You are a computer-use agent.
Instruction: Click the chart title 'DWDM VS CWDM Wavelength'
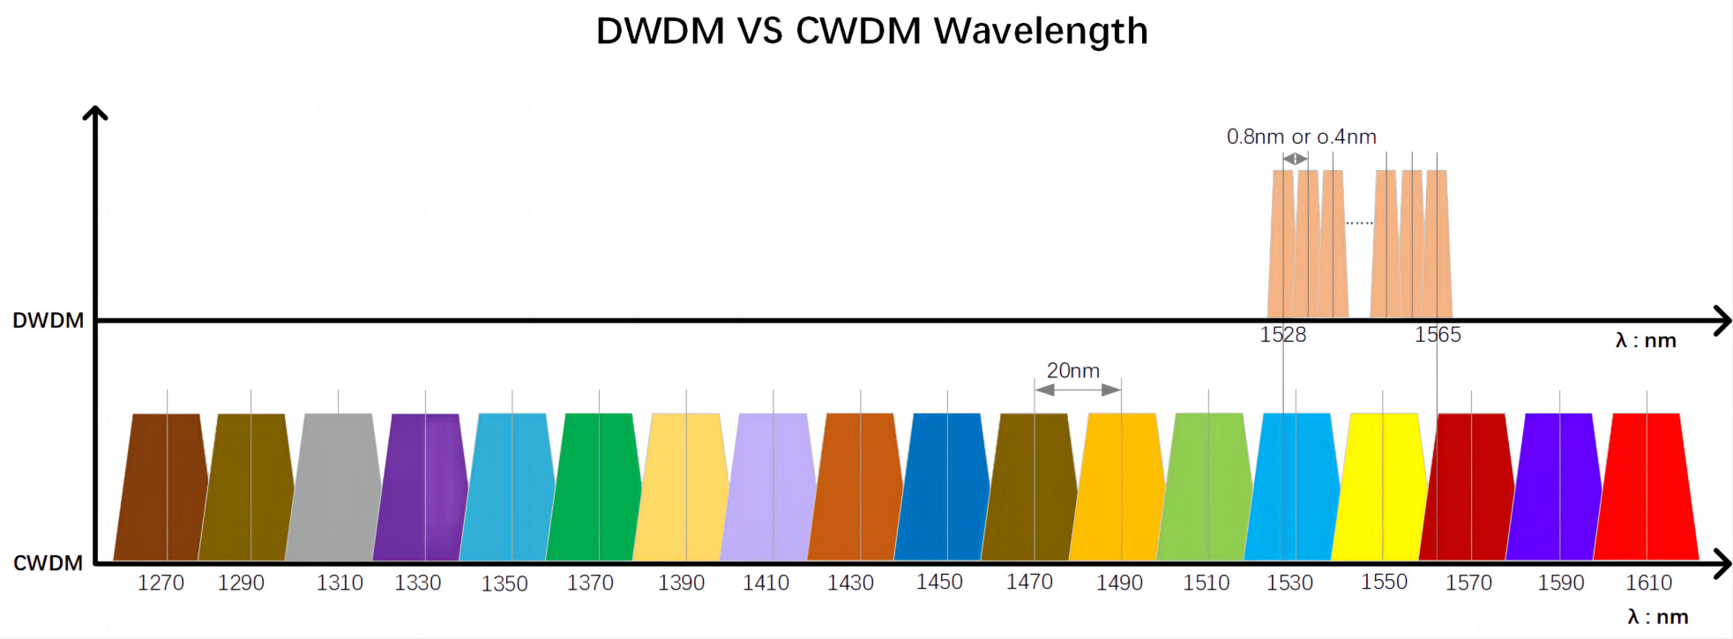[872, 31]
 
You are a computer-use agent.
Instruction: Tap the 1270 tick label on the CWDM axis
[161, 583]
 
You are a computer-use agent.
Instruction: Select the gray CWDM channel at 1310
[334, 487]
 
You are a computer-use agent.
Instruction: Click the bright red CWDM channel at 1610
[1647, 487]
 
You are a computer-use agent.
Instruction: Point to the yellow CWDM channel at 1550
[1379, 487]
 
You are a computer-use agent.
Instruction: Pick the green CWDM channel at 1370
[594, 487]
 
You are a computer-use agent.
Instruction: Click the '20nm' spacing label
[1073, 370]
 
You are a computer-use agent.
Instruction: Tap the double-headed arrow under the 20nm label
[1078, 390]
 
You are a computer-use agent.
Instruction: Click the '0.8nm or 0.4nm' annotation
[1301, 137]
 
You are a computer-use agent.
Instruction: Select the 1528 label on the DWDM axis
[1283, 335]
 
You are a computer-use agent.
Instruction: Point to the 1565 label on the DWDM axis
[1438, 335]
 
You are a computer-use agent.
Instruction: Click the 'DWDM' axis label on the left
[49, 320]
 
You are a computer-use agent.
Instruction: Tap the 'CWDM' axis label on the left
[48, 562]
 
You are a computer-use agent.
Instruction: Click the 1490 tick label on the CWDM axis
[1119, 583]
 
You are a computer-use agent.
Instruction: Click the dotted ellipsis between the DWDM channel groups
[1359, 223]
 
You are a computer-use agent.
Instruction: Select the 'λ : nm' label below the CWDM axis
[1658, 617]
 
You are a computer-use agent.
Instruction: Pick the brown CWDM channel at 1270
[161, 487]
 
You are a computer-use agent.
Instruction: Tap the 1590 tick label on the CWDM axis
[1561, 583]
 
